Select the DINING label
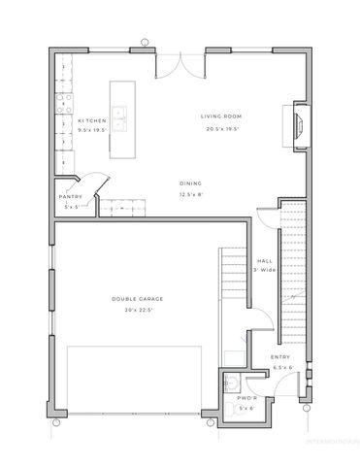190,183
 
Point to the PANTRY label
71,197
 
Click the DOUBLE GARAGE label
131,298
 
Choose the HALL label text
265,260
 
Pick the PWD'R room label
245,397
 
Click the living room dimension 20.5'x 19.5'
221,128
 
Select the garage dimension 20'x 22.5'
132,310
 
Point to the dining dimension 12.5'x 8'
190,194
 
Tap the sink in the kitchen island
120,121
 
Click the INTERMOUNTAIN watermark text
331,441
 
